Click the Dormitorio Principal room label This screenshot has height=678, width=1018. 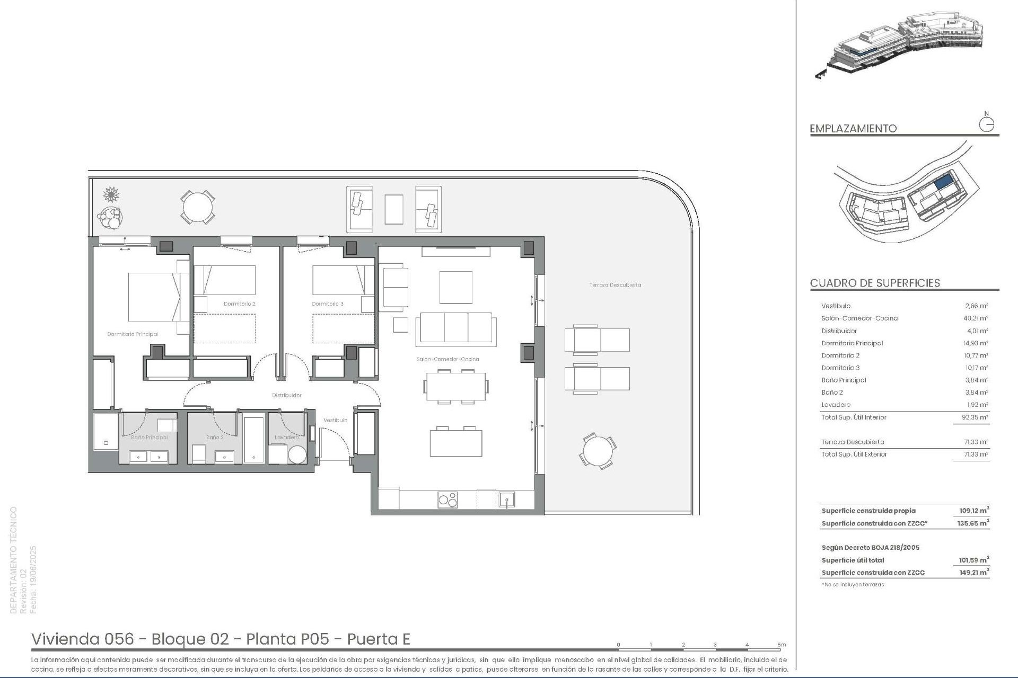[x=132, y=334]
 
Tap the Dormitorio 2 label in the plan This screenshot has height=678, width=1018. [x=239, y=304]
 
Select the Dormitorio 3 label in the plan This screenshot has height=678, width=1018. [x=327, y=304]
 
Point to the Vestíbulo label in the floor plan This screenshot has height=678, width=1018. [x=335, y=420]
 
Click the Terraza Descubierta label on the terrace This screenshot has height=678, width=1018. [x=615, y=285]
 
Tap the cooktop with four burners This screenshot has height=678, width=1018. [x=447, y=499]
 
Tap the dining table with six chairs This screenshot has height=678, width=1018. [x=455, y=387]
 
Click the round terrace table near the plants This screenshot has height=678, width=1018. [x=197, y=207]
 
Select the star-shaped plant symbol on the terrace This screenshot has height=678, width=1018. [x=111, y=194]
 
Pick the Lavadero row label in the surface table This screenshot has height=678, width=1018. [x=836, y=405]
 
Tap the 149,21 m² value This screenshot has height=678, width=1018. [x=974, y=573]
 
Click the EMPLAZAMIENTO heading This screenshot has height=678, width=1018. [x=853, y=128]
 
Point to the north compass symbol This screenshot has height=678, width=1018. [x=986, y=124]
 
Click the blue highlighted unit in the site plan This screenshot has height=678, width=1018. [x=943, y=183]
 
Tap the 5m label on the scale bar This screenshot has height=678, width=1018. [x=782, y=645]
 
